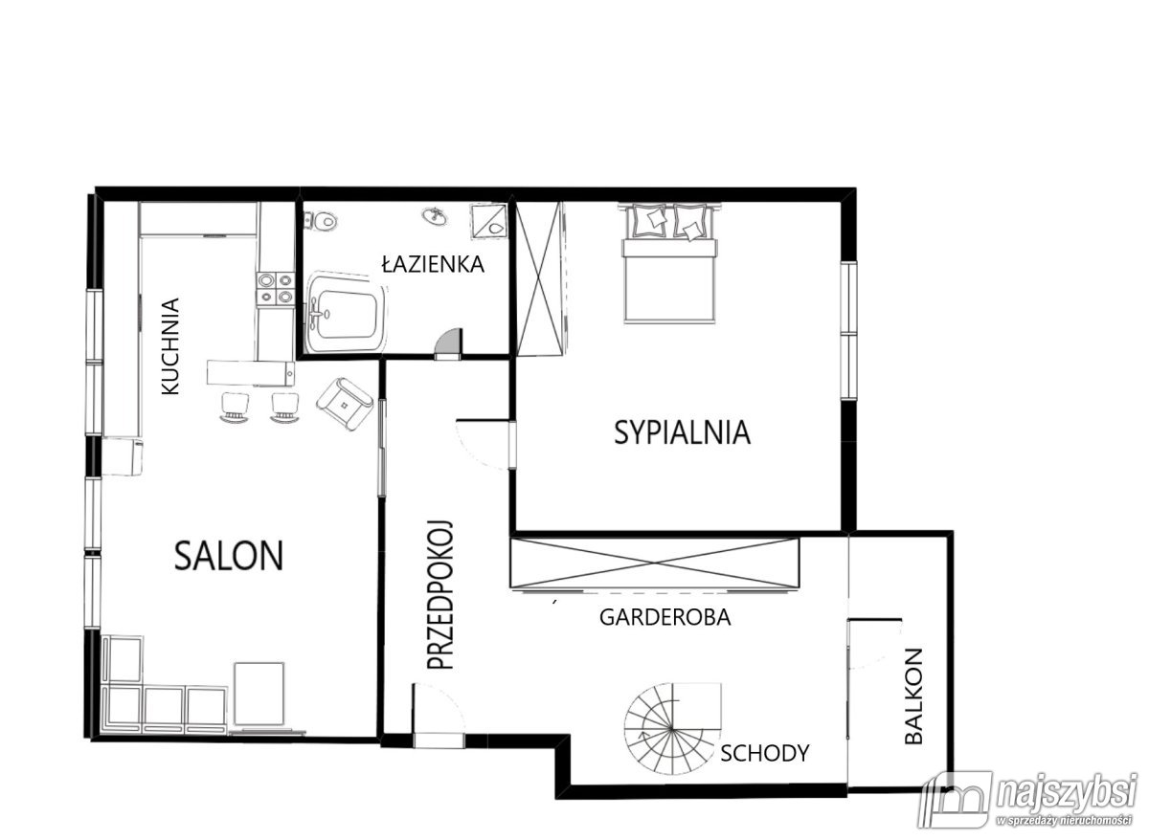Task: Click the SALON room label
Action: [229, 556]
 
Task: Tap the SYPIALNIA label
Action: [682, 432]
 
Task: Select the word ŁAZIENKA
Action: [434, 264]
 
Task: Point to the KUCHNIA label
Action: [170, 346]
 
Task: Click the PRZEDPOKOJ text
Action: [440, 595]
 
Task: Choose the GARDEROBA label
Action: [665, 618]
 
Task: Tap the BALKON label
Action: [913, 696]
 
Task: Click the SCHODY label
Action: [765, 753]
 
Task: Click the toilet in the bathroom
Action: [321, 221]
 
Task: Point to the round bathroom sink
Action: [435, 216]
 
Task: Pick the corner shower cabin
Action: [489, 221]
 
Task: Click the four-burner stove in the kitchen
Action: [276, 289]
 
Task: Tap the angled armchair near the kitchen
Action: [344, 405]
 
